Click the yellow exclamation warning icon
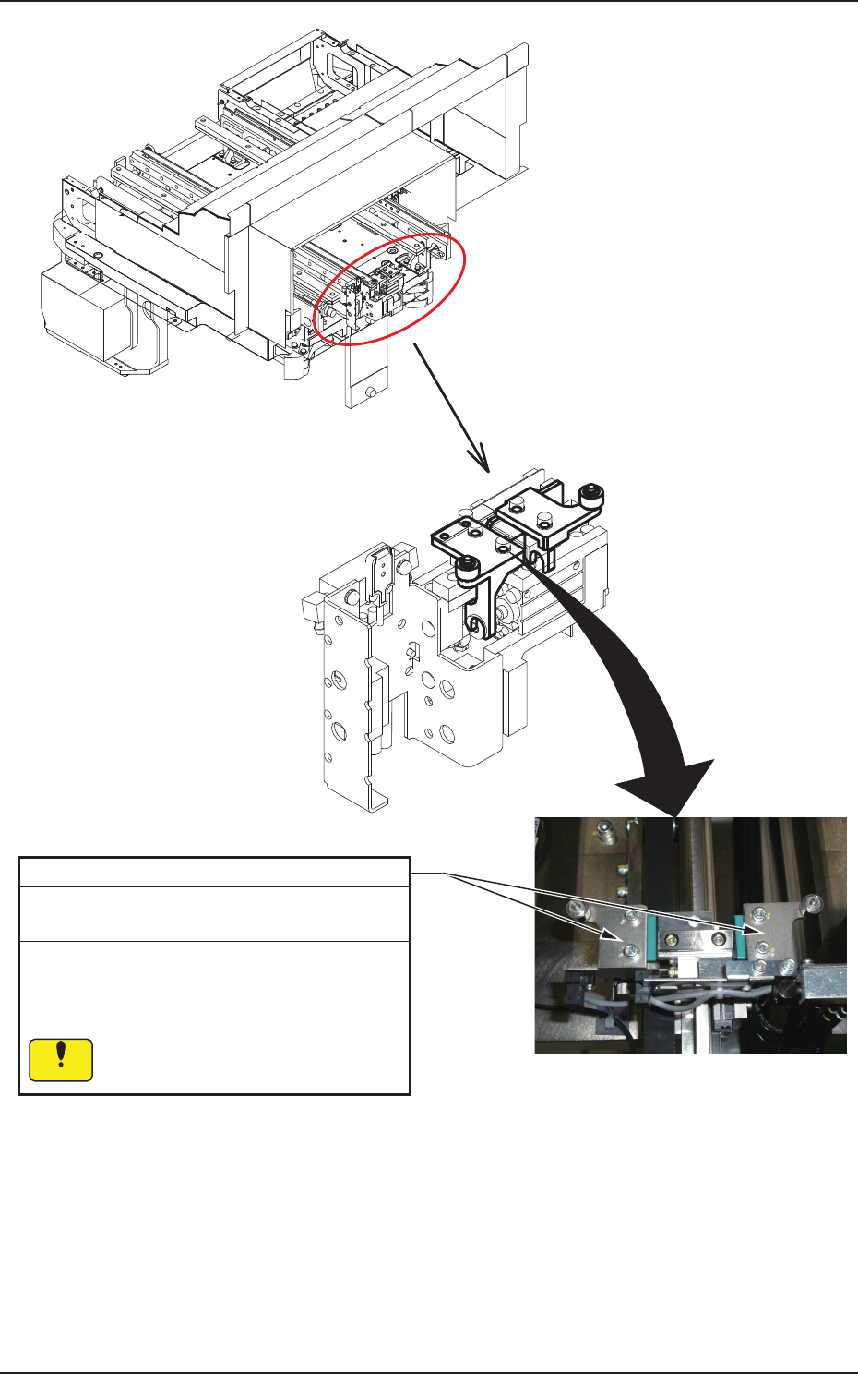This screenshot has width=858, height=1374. (61, 1060)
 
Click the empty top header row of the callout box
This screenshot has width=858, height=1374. (214, 873)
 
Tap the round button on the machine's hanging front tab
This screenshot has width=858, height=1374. (371, 392)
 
